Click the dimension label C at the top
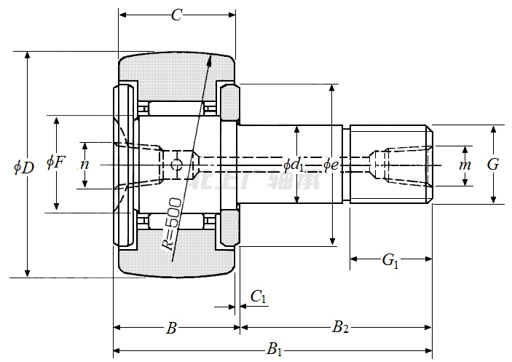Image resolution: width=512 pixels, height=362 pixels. (176, 15)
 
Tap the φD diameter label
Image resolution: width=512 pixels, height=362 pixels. (23, 167)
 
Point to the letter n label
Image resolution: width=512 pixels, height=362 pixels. (84, 165)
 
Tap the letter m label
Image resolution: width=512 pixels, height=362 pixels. (465, 165)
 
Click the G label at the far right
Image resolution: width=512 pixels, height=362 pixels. (493, 165)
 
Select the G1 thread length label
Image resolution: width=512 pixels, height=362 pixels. (391, 260)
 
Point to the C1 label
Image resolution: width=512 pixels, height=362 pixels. (259, 296)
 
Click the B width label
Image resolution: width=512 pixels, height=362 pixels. (171, 328)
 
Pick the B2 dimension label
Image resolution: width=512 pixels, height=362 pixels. (340, 328)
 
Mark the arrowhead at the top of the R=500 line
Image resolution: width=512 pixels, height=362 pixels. (210, 60)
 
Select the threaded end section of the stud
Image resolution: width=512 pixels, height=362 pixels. (390, 165)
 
